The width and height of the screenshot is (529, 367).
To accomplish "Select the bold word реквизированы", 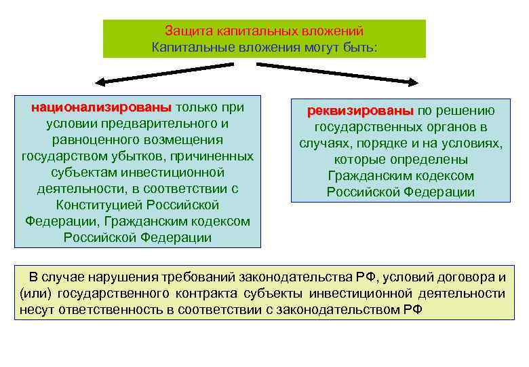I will point(359,111).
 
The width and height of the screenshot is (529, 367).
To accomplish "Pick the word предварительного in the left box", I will point(172,124).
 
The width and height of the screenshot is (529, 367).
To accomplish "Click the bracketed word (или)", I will point(35,294).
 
